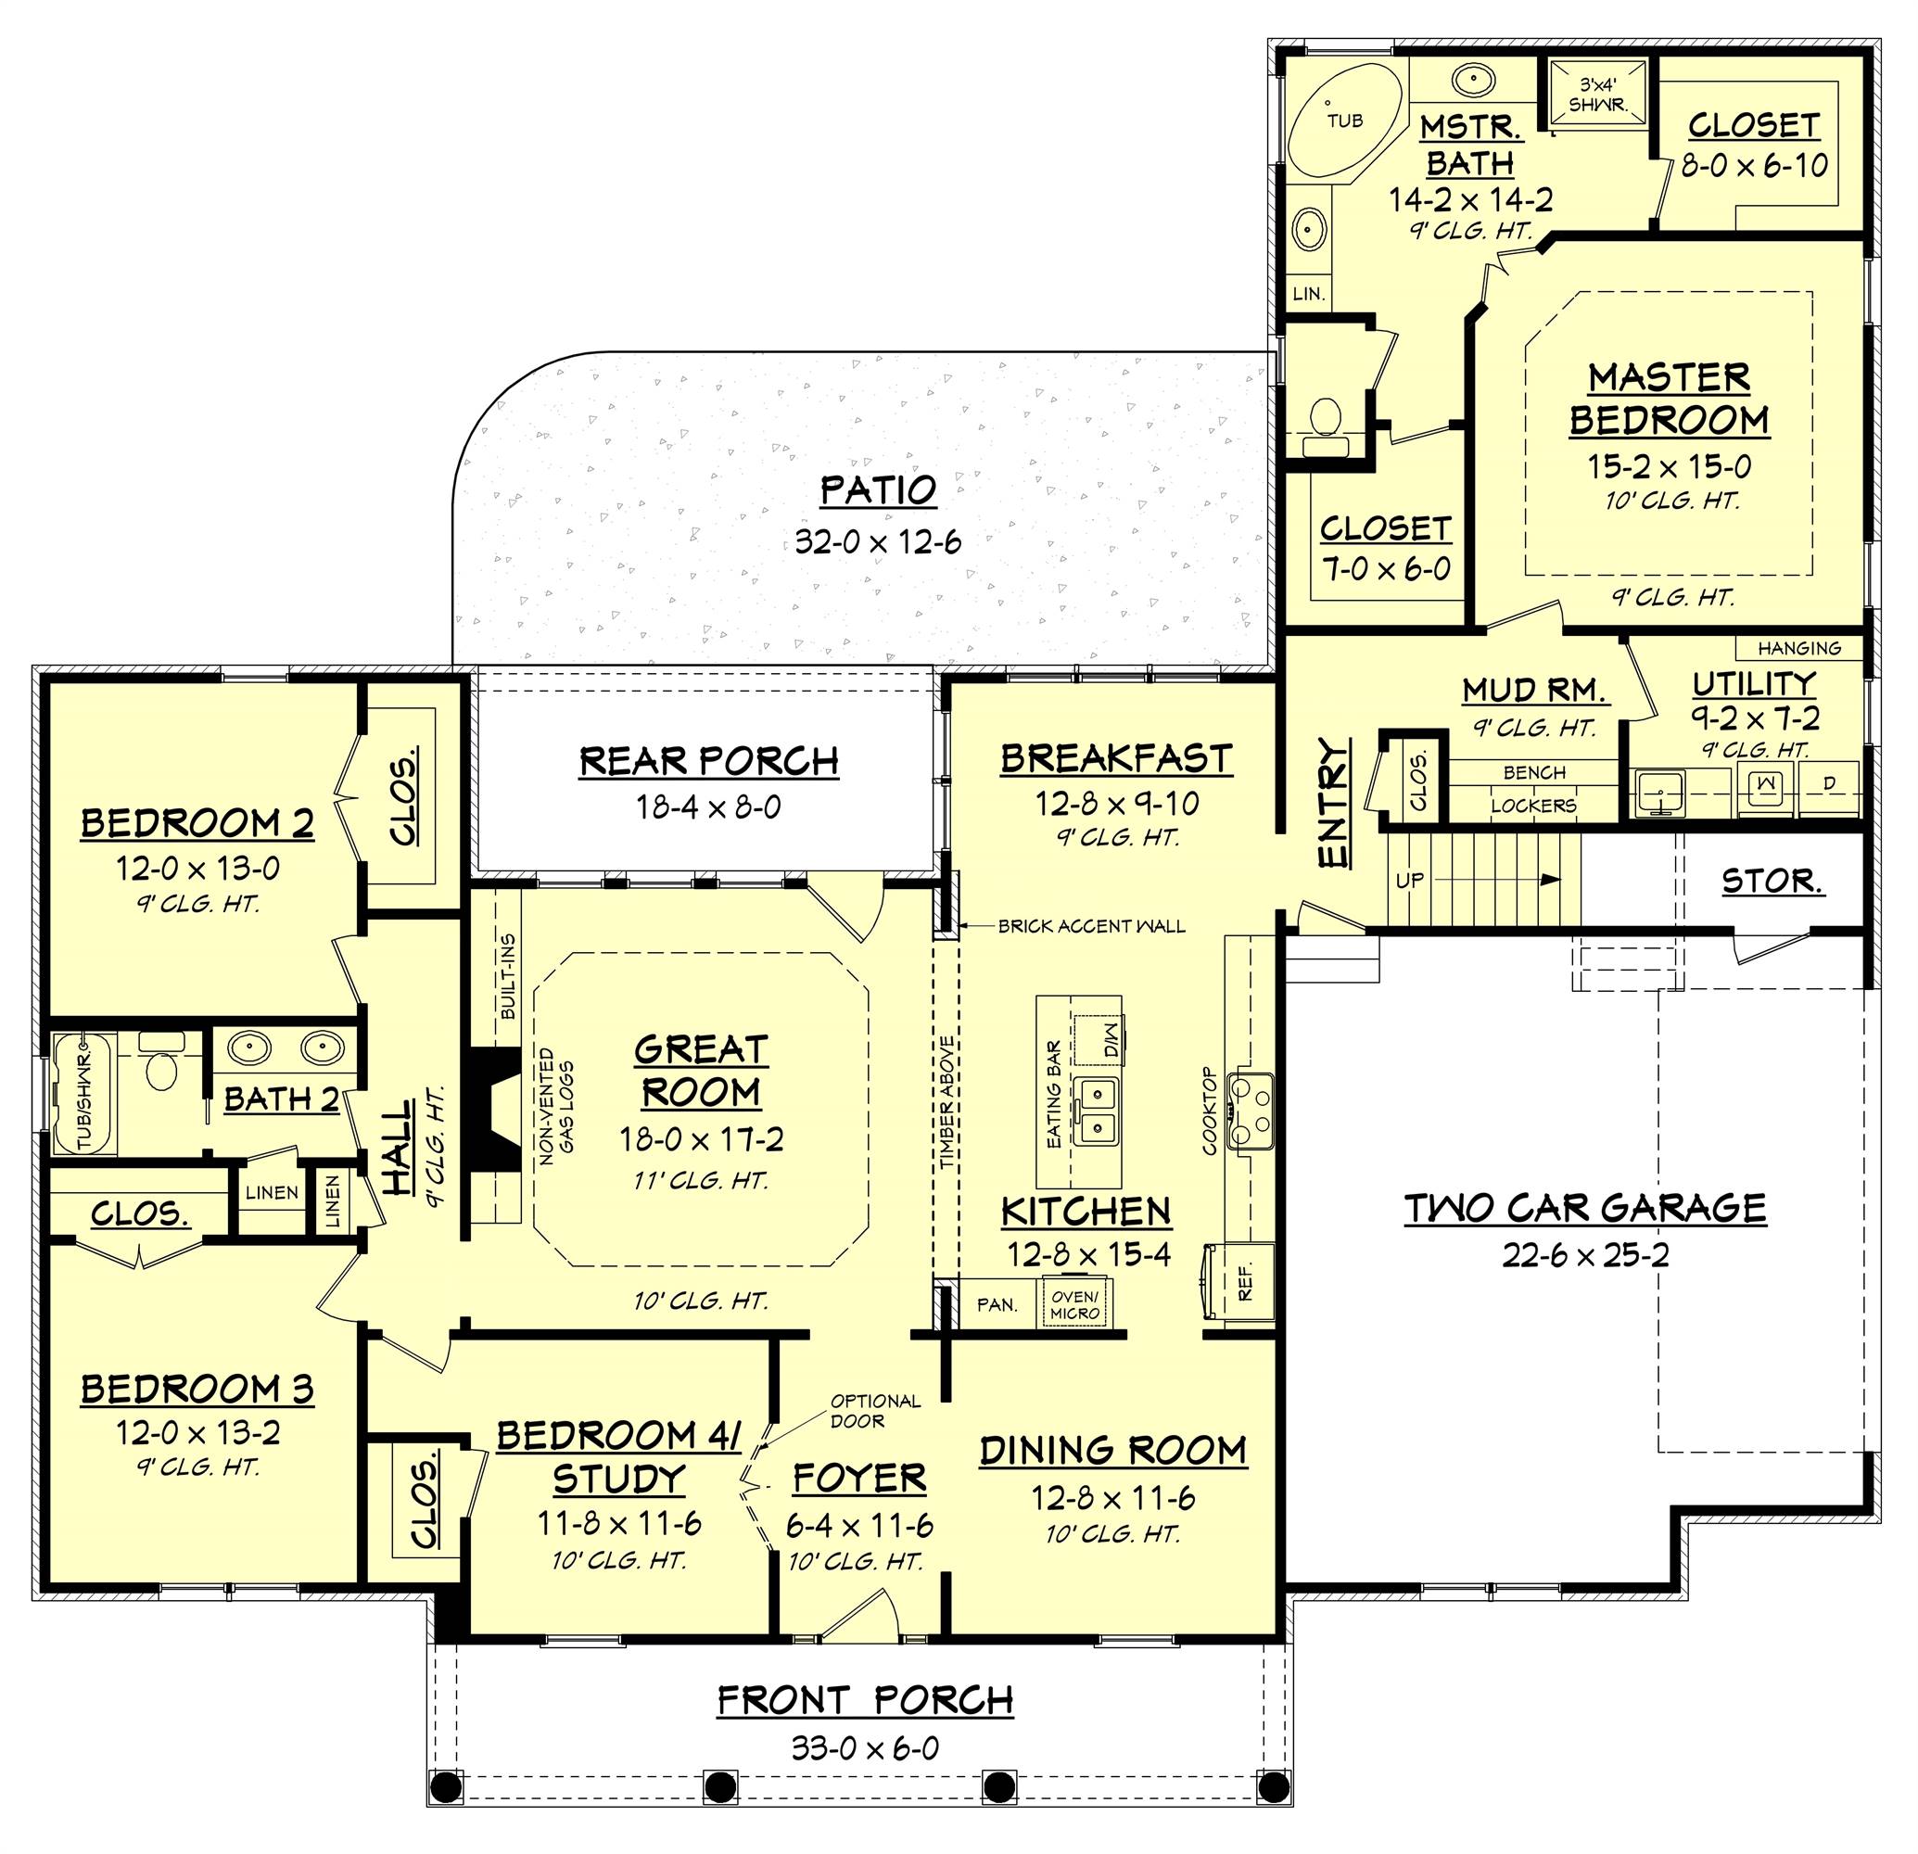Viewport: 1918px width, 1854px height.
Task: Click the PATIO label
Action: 878,490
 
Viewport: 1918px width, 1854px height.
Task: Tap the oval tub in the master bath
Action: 1340,123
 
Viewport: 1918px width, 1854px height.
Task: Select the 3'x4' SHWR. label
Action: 1598,95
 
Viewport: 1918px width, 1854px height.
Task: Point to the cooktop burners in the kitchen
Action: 1251,1110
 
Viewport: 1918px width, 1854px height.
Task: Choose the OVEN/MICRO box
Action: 1074,1305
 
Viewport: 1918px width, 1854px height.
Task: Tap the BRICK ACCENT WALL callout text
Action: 1091,925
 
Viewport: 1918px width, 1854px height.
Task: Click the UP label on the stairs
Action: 1409,881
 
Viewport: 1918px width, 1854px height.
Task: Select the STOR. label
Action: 1772,882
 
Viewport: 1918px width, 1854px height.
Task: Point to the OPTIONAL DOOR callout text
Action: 875,1411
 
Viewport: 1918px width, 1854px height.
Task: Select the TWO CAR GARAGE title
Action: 1585,1208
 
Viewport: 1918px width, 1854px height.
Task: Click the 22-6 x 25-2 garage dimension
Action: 1585,1255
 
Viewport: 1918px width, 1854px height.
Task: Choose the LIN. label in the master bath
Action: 1308,294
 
